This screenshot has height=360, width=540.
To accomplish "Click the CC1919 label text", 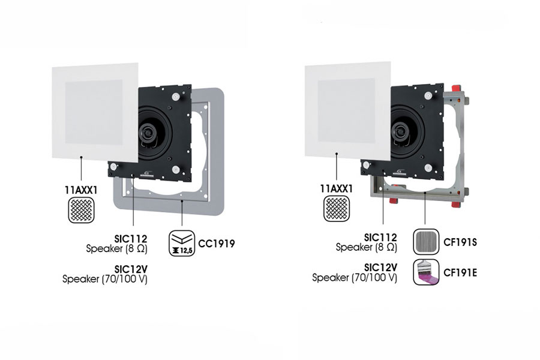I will point(217,244).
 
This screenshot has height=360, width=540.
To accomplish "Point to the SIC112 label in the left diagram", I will point(131,238).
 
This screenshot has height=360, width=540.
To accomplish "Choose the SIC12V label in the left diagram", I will point(131,268).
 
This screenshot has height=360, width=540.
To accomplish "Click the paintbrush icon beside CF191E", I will point(427,272).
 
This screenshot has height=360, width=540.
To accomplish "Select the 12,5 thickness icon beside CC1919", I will point(182,243).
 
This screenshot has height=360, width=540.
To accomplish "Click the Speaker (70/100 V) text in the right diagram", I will point(355,278).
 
